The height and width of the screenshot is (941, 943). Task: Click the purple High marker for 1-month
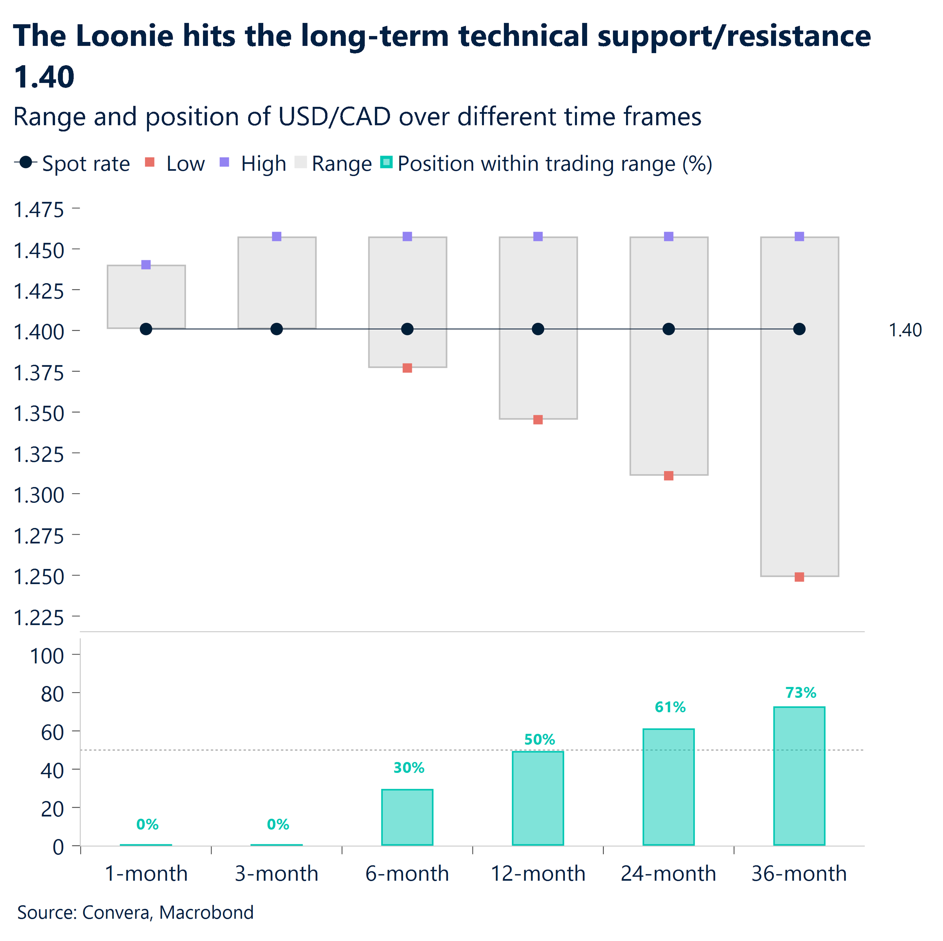pyautogui.click(x=146, y=265)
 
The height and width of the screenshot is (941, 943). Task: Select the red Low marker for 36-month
pyautogui.click(x=799, y=577)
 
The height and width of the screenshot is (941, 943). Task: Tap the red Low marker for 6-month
pyautogui.click(x=407, y=368)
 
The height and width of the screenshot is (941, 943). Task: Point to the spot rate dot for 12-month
pyautogui.click(x=538, y=329)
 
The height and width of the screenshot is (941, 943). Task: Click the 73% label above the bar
pyautogui.click(x=801, y=692)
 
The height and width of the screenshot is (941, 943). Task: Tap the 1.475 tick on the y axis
pyautogui.click(x=39, y=210)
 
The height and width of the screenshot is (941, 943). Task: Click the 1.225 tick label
pyautogui.click(x=39, y=618)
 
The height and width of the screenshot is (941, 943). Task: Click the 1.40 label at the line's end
pyautogui.click(x=905, y=330)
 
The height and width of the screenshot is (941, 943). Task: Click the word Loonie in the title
pyautogui.click(x=124, y=36)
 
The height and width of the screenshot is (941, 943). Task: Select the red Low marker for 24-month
pyautogui.click(x=669, y=476)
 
